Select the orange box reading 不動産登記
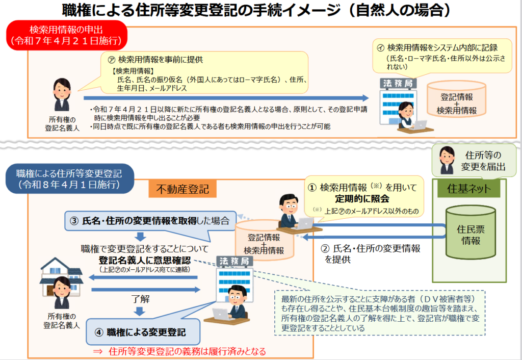(182, 189)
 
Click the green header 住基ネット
(469, 189)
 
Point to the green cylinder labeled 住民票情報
(471, 232)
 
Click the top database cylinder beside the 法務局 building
(456, 99)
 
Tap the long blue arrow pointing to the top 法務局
(226, 98)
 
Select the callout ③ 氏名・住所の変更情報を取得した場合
(150, 220)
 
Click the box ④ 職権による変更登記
(143, 331)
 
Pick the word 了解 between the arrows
(140, 299)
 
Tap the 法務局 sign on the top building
(398, 83)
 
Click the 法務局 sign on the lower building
(234, 261)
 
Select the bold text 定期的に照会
(362, 199)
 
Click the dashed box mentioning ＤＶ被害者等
(379, 313)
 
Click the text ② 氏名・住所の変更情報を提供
(371, 254)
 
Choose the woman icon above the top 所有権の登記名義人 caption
(62, 94)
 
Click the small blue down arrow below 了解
(140, 312)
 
